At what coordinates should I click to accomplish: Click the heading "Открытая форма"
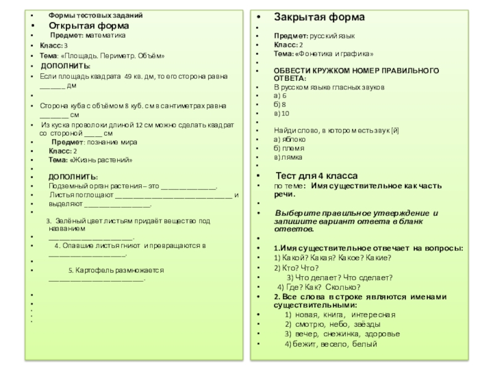pos(89,26)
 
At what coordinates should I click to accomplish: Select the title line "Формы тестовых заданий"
pos(96,15)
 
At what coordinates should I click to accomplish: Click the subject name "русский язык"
pos(332,36)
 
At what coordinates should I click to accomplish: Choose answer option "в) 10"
pos(282,113)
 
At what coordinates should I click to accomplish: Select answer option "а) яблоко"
pos(289,140)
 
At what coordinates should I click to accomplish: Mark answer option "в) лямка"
pos(287,157)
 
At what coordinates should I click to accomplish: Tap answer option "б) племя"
pos(288,149)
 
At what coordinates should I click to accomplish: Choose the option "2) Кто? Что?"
pos(296,268)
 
